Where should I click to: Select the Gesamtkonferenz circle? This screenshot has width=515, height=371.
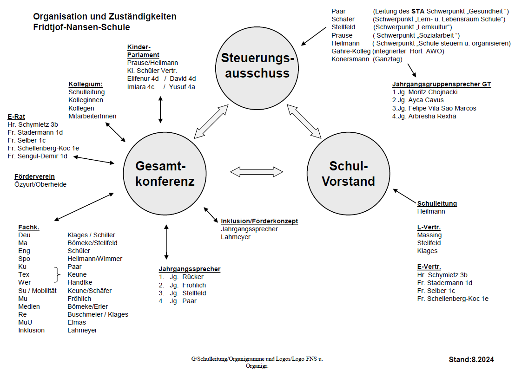pos(165,172)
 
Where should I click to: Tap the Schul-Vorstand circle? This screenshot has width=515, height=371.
pos(348,173)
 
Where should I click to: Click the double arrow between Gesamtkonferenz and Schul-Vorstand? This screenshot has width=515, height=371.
pos(257,172)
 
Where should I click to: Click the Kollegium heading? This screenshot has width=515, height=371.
pos(86,85)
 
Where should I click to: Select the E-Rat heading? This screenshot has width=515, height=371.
pos(18,117)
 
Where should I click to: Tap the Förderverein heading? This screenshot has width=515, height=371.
pos(34,176)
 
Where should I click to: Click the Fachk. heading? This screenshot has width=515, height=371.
pos(29,227)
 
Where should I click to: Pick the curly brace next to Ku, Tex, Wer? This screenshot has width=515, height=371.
pos(58,274)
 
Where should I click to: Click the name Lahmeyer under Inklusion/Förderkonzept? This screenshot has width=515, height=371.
pos(236,237)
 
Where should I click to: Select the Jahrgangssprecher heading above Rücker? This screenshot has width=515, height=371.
pos(190,269)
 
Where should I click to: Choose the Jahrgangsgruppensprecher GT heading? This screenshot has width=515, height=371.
pos(442,84)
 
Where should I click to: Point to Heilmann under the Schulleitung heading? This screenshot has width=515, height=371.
pos(431,211)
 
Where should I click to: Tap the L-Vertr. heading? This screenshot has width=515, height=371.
pos(429,227)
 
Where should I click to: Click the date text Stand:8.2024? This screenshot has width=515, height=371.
pos(471,359)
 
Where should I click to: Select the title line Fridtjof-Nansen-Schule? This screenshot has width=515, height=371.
pos(81,27)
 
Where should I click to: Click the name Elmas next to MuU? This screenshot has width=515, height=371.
pos(77,322)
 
